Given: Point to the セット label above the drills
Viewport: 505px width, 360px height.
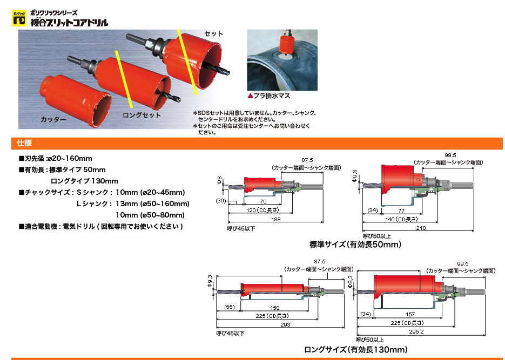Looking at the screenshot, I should click(213, 33).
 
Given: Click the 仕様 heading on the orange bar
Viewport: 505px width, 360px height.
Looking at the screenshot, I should click(24, 143).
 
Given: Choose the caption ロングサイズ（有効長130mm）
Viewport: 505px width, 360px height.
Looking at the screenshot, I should click(356, 350).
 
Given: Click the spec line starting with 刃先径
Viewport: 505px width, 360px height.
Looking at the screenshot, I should click(55, 158).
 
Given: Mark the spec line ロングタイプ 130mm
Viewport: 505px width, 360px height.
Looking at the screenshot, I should click(84, 181).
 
